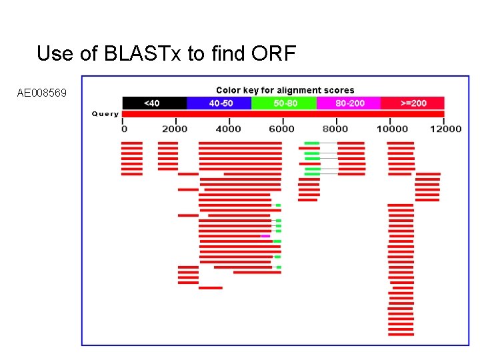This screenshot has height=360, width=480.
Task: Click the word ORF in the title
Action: (x=271, y=53)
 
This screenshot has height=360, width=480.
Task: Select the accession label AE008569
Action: (x=42, y=93)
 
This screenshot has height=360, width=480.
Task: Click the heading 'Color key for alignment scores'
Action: (x=285, y=90)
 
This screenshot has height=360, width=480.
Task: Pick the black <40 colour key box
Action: (x=153, y=103)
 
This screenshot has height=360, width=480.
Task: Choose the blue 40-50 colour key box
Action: (x=221, y=103)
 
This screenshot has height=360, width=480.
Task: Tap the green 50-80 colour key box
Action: (x=285, y=103)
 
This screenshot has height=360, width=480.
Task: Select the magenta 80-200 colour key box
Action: (x=349, y=103)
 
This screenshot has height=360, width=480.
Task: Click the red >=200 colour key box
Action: (x=413, y=103)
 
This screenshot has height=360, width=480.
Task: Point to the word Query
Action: (x=105, y=114)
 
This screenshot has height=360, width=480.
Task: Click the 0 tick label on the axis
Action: (x=124, y=129)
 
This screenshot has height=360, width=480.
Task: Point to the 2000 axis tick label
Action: (x=175, y=129)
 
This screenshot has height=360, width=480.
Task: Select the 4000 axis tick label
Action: (x=229, y=129)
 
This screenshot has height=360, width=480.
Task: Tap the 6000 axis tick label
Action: (x=282, y=129)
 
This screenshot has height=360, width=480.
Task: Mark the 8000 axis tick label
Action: (x=336, y=129)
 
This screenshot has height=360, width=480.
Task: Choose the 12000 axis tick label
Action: (x=445, y=129)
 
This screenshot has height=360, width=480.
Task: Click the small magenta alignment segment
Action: (x=265, y=236)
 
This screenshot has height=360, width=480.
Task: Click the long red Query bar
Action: (x=283, y=114)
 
